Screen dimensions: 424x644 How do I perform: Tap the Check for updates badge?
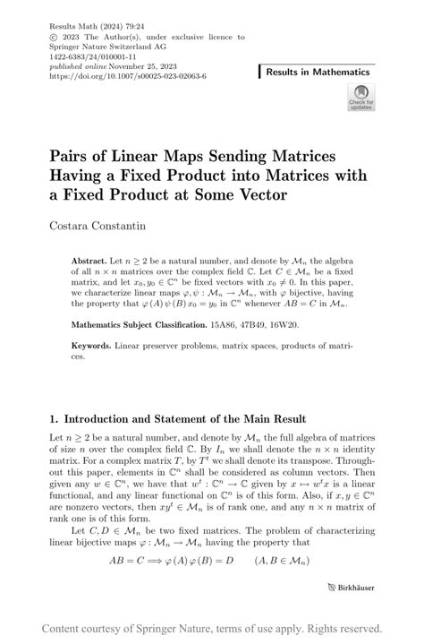click(x=360, y=98)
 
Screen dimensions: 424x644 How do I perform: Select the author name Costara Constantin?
click(x=104, y=220)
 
